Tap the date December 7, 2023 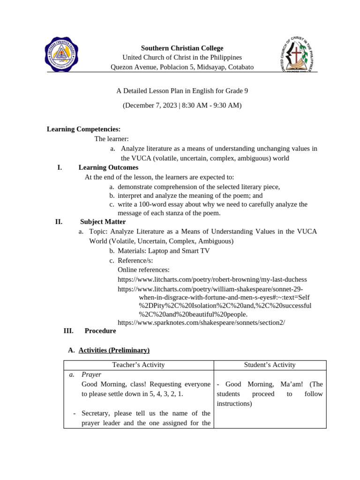150,105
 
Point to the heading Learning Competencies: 83,129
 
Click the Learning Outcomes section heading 108,167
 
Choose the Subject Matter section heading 103,222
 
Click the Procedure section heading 100,330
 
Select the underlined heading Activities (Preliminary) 114,350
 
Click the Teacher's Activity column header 138,365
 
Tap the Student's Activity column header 270,365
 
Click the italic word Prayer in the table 91,375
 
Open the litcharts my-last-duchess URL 212,279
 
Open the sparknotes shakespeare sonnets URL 201,322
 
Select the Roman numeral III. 68,330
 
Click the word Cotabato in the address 240,67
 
